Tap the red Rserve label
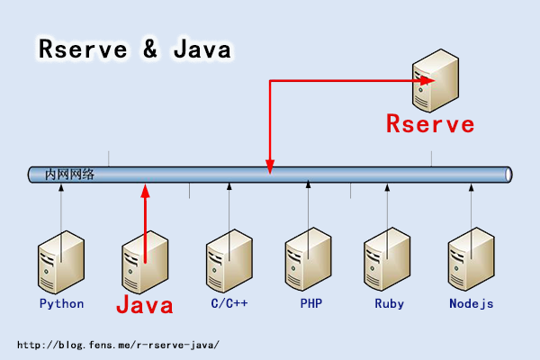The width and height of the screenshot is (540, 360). coord(430,124)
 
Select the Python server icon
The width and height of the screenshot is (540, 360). coord(60,261)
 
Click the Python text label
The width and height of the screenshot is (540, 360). coord(61,303)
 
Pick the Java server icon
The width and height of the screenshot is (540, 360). coord(145,261)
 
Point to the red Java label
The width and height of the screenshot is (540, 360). coord(144,305)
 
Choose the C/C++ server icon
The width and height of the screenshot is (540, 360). coord(229,261)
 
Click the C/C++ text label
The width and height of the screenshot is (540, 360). coord(229,303)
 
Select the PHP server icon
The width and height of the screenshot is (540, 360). coord(309,261)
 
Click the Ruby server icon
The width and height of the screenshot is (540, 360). coord(388,261)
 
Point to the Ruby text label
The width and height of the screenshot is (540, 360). coord(389,303)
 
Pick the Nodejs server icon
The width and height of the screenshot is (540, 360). coord(472,261)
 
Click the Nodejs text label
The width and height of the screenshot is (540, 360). coord(472,303)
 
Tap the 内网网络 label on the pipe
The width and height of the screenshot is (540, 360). coord(69,175)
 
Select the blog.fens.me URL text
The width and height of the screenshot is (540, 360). coord(118,345)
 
